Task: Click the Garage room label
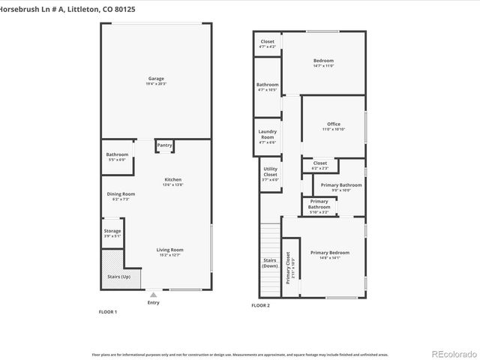tap(155, 79)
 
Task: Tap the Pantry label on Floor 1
tap(164, 145)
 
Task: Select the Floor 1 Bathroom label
tap(117, 154)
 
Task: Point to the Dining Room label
tap(121, 193)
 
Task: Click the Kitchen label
tap(173, 179)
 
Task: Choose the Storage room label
tap(112, 231)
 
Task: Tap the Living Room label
tap(170, 250)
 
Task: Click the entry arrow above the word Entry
tap(154, 295)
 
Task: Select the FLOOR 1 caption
tap(108, 310)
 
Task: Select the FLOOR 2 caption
tap(260, 306)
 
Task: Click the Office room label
tap(333, 124)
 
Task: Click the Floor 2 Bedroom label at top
tap(323, 61)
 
